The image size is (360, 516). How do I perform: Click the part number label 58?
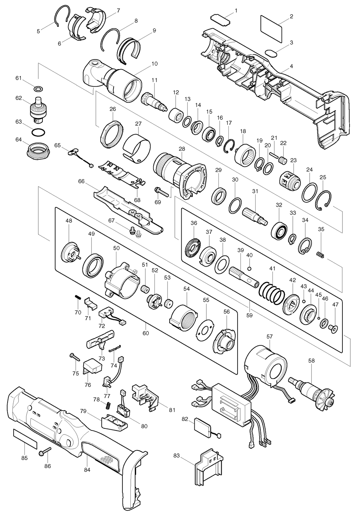click(x=312, y=360)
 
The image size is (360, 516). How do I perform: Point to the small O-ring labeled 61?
click(x=38, y=88)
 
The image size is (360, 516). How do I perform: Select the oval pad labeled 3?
click(x=272, y=53)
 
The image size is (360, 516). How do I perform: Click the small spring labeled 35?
click(x=320, y=254)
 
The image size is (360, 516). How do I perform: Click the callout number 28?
click(x=182, y=149)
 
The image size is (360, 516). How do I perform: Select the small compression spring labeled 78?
click(x=107, y=406)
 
